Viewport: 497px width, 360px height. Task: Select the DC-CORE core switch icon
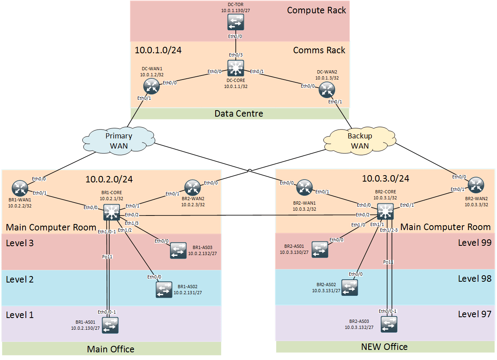235,67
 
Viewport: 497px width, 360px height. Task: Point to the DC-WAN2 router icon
326,90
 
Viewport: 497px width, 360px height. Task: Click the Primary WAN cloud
119,140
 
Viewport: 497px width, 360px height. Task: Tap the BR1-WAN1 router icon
19,187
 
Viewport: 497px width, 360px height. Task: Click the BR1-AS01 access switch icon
110,325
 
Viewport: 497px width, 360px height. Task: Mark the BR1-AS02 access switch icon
164,289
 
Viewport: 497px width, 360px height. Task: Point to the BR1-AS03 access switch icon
178,250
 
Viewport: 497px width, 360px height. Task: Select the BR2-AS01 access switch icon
319,249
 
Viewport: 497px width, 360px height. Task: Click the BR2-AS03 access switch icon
389,324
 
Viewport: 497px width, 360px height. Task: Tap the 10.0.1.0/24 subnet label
158,50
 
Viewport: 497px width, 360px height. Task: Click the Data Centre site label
239,114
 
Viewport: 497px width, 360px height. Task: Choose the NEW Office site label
384,347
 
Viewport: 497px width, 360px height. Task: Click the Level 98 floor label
474,278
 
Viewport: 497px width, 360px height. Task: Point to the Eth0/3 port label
236,55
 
